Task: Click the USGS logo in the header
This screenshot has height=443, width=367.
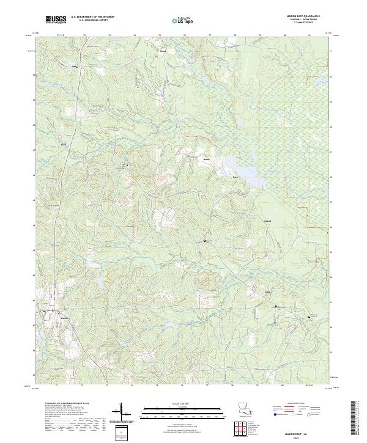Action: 56,21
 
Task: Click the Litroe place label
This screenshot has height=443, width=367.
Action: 163,52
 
